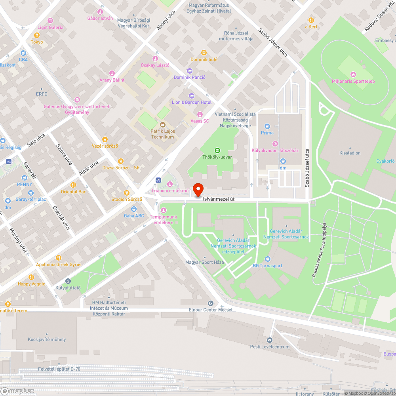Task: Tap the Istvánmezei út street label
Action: [x=219, y=200]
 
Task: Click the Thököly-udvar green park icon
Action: [x=217, y=150]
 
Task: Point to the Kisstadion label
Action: [x=350, y=153]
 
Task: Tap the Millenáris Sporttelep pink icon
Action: [x=353, y=74]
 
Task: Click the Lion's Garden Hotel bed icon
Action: [x=192, y=95]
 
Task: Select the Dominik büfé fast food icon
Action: [x=204, y=52]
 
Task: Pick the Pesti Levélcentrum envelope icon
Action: [x=270, y=340]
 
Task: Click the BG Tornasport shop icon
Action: [x=268, y=259]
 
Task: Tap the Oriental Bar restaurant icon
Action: [x=73, y=185]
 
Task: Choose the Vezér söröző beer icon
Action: [x=105, y=139]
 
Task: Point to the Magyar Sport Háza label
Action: [x=205, y=263]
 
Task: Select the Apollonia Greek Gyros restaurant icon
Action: [x=59, y=258]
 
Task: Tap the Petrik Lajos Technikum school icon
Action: [x=162, y=125]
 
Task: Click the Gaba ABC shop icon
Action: [x=134, y=209]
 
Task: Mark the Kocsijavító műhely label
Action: [x=47, y=339]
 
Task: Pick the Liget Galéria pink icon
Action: [x=50, y=21]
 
